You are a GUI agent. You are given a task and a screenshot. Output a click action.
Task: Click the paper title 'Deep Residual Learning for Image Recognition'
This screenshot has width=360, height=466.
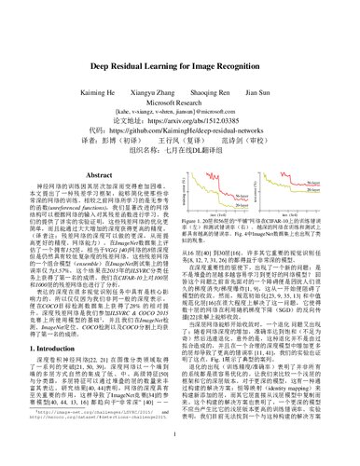[179, 40]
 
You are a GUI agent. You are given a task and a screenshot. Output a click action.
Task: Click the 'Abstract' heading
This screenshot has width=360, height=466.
[96, 147]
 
